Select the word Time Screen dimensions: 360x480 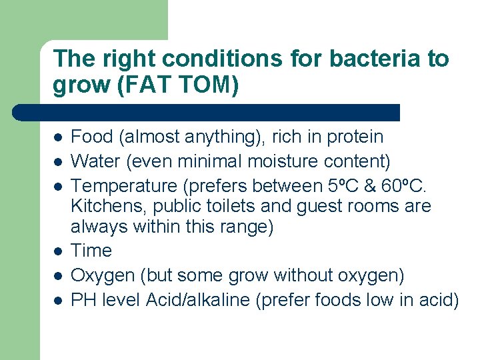pos(91,251)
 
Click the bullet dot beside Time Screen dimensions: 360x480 pos(59,251)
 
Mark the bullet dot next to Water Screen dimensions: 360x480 pos(59,161)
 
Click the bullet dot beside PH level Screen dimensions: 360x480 pos(59,300)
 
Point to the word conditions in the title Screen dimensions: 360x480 pos(214,59)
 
